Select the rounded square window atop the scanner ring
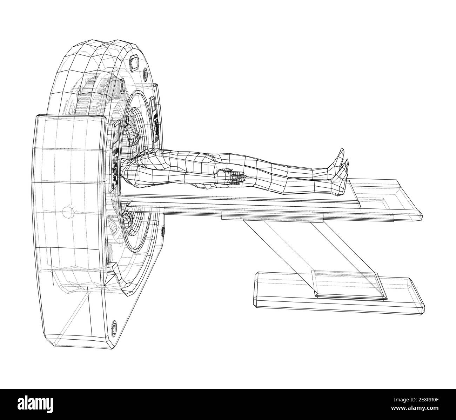coord(134,62)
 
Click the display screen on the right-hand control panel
coord(153,106)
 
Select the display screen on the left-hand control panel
coord(116,133)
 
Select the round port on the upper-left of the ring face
coord(123,84)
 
